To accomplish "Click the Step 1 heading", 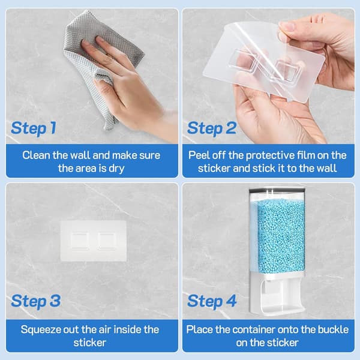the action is pyautogui.click(x=34, y=128).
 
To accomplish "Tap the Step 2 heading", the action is pyautogui.click(x=212, y=128).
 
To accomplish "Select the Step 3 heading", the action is pyautogui.click(x=36, y=301).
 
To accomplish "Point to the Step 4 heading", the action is pyautogui.click(x=212, y=301).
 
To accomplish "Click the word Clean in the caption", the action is pyautogui.click(x=37, y=155).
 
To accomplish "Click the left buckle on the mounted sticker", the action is pyautogui.click(x=79, y=241).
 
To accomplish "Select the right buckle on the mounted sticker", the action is pyautogui.click(x=107, y=241).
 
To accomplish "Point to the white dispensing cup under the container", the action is pyautogui.click(x=278, y=295).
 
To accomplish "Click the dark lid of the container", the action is pyautogui.click(x=277, y=190).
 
